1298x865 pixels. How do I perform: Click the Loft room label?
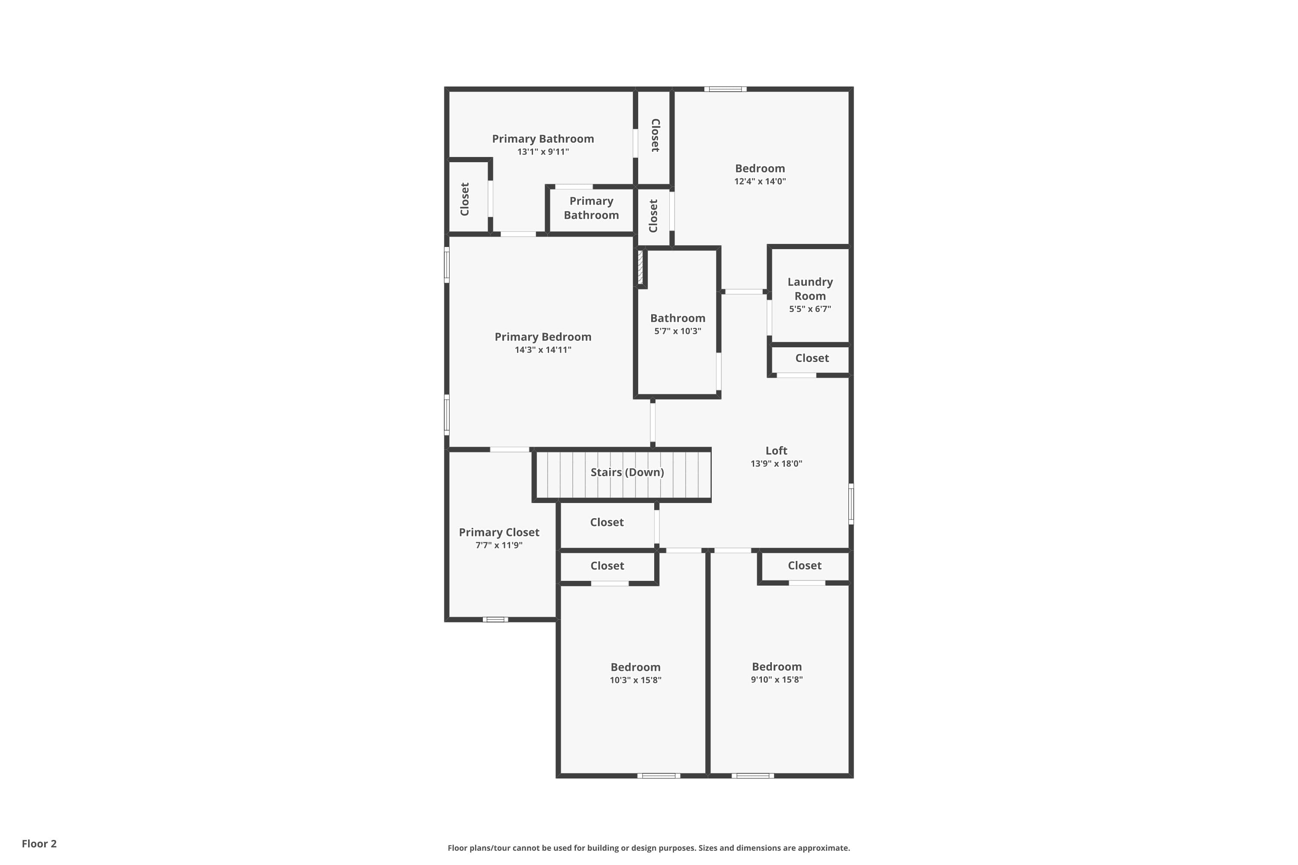pyautogui.click(x=776, y=451)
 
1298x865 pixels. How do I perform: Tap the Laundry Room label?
pyautogui.click(x=810, y=288)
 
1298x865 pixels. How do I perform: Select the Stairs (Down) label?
pyautogui.click(x=627, y=472)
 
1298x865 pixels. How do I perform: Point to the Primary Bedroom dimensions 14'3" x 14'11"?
pyautogui.click(x=543, y=350)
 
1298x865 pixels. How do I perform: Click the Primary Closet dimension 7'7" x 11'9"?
pyautogui.click(x=499, y=545)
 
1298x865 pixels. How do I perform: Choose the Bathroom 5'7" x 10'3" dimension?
pyautogui.click(x=677, y=331)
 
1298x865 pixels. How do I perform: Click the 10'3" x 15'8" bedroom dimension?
pyautogui.click(x=635, y=680)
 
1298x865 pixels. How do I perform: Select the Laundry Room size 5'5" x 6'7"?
pyautogui.click(x=810, y=309)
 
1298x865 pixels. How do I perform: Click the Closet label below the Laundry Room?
pyautogui.click(x=812, y=358)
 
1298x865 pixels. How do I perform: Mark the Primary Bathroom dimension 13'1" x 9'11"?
pyautogui.click(x=543, y=152)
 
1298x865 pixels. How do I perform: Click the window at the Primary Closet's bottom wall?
pyautogui.click(x=495, y=619)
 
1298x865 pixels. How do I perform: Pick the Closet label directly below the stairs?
pyautogui.click(x=607, y=522)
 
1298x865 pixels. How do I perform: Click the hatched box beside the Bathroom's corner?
pyautogui.click(x=640, y=268)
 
